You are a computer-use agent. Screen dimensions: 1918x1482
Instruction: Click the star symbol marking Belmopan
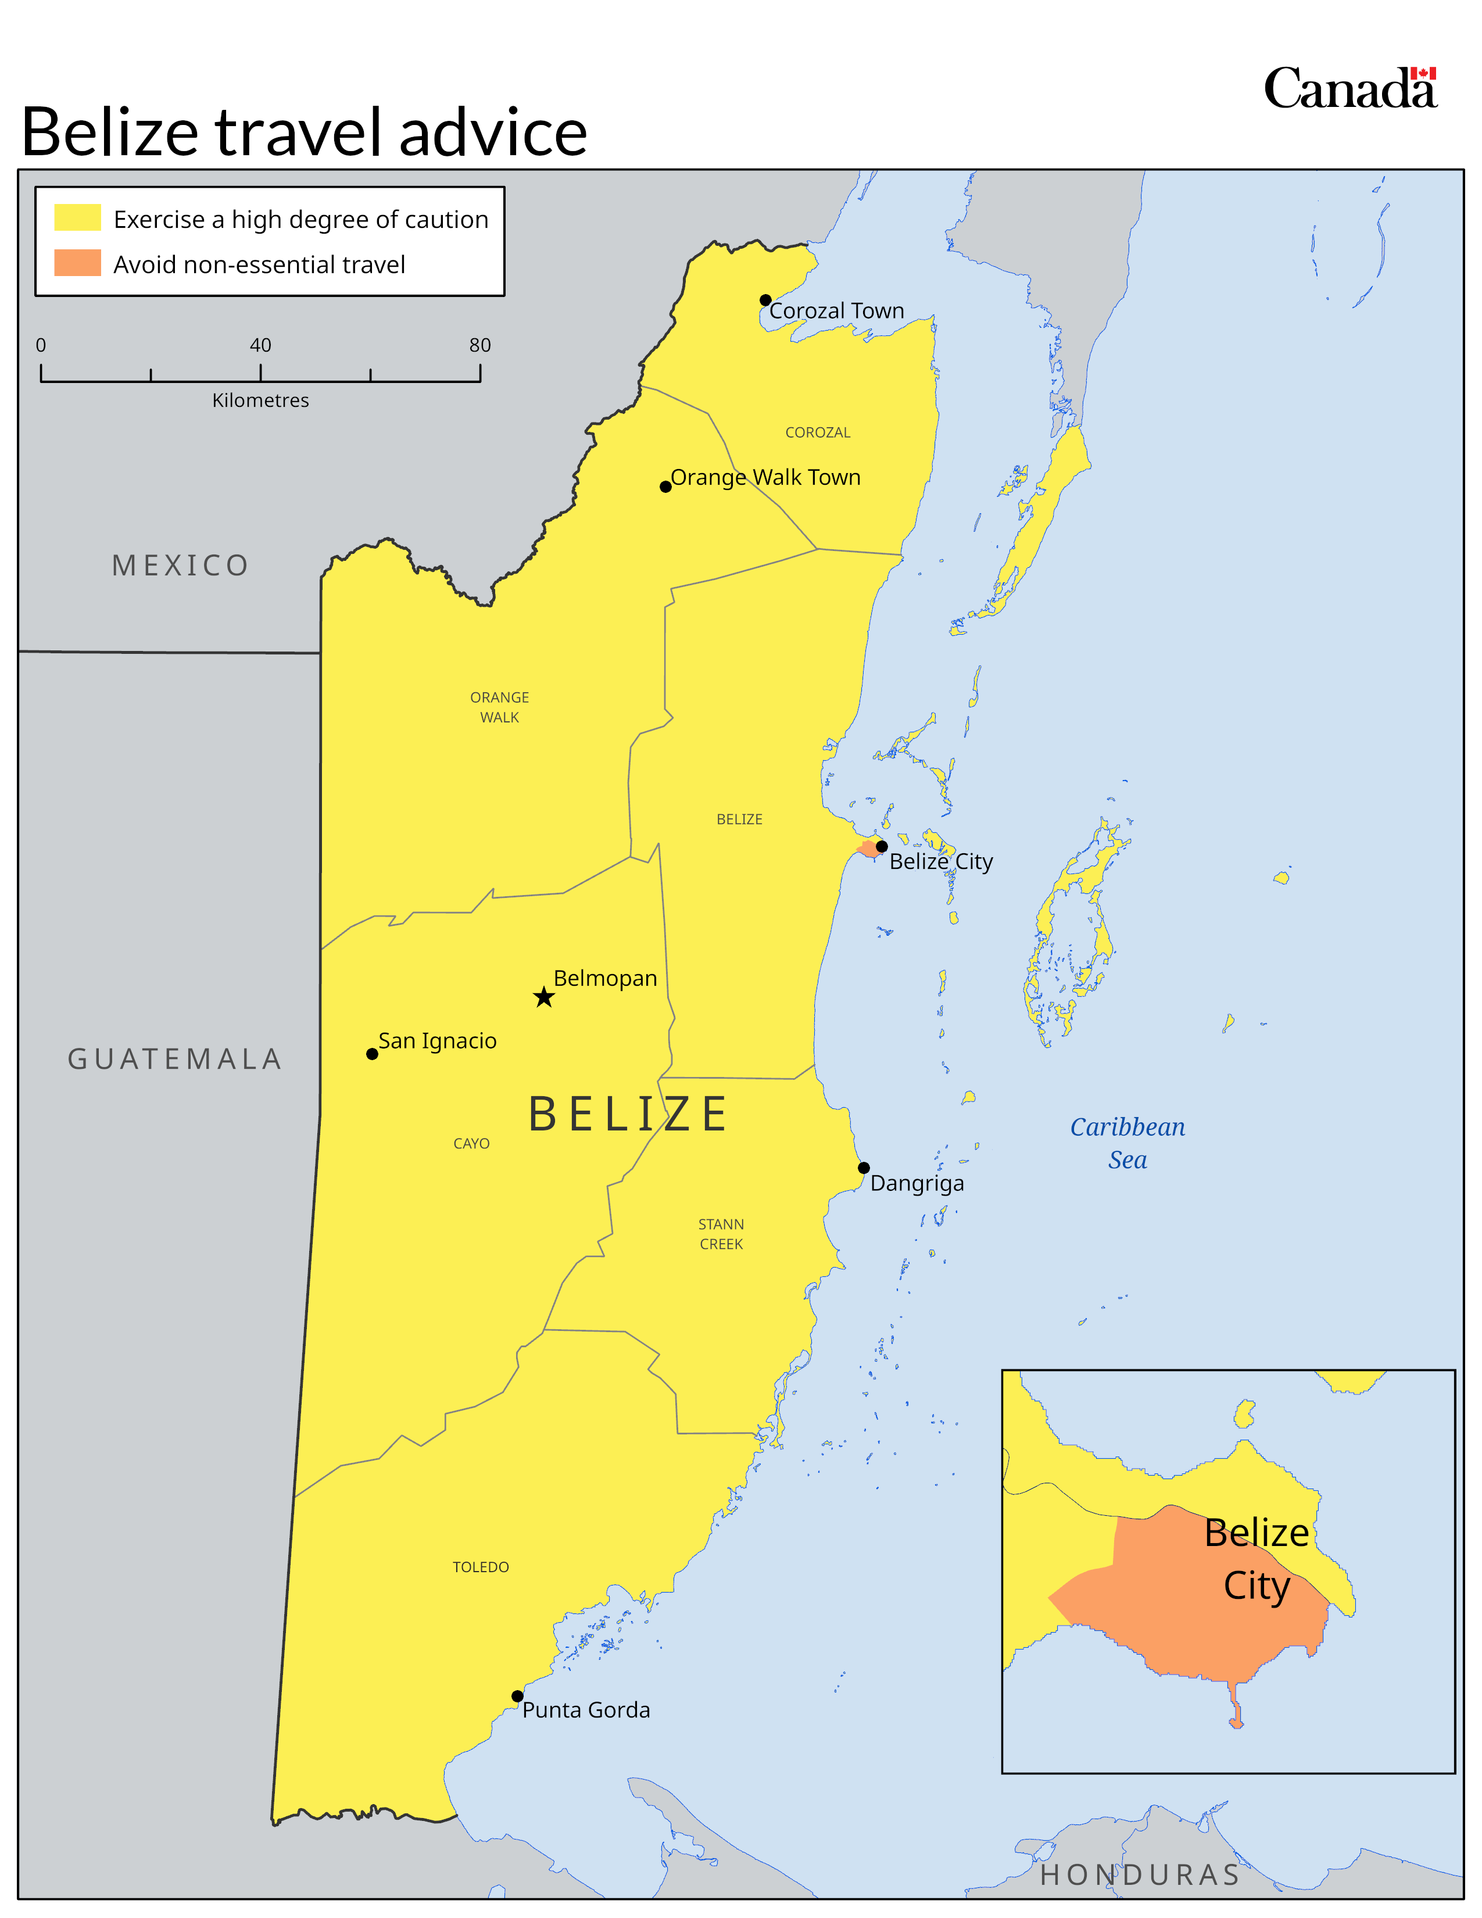click(x=543, y=997)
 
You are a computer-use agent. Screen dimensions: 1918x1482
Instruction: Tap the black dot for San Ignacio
click(x=373, y=1054)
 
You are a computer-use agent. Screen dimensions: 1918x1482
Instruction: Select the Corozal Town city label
click(x=836, y=311)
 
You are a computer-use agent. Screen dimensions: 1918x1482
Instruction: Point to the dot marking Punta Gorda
click(x=517, y=1696)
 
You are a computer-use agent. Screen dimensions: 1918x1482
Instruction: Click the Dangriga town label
click(x=917, y=1183)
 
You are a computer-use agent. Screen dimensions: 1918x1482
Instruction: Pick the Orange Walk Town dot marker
click(x=665, y=486)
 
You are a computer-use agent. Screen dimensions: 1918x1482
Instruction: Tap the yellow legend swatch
click(x=77, y=218)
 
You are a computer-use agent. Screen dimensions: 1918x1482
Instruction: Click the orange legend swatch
click(x=77, y=263)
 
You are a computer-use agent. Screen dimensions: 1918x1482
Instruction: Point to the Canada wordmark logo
click(x=1349, y=89)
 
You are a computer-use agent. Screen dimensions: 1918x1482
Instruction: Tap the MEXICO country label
click(x=180, y=566)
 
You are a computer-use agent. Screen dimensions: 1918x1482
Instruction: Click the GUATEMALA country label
click(x=175, y=1059)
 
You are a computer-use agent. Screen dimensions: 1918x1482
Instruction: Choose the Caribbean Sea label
click(x=1127, y=1143)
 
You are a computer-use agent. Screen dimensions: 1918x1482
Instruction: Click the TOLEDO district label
click(x=480, y=1567)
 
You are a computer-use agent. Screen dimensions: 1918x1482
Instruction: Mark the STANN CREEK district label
click(x=721, y=1234)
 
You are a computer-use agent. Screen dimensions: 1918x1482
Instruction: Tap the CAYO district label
click(x=471, y=1143)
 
